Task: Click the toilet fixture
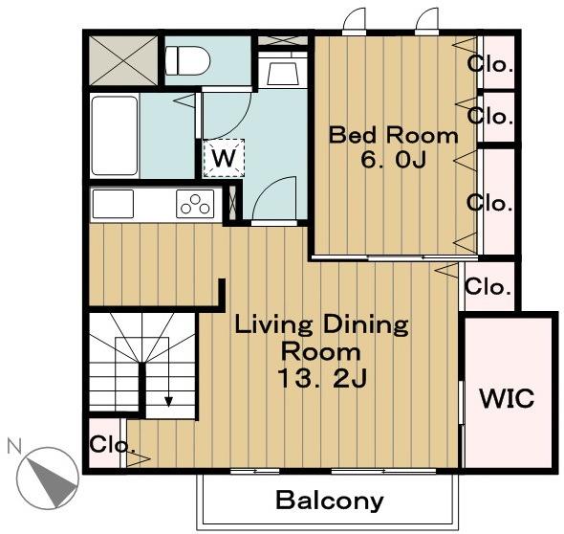click(x=187, y=60)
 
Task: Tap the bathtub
click(x=115, y=135)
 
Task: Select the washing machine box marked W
click(x=224, y=158)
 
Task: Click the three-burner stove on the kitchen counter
click(x=195, y=204)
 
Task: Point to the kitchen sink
click(x=114, y=204)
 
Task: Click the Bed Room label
click(x=394, y=135)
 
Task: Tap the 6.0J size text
click(x=394, y=160)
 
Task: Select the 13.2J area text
click(x=322, y=379)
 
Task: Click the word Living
click(x=273, y=325)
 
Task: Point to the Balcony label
click(x=330, y=501)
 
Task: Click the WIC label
click(x=507, y=399)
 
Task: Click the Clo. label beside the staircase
click(x=113, y=444)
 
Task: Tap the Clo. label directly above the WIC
click(x=488, y=287)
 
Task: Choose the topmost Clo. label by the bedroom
click(x=489, y=64)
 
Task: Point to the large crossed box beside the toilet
click(x=123, y=60)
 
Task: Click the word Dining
click(x=366, y=325)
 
